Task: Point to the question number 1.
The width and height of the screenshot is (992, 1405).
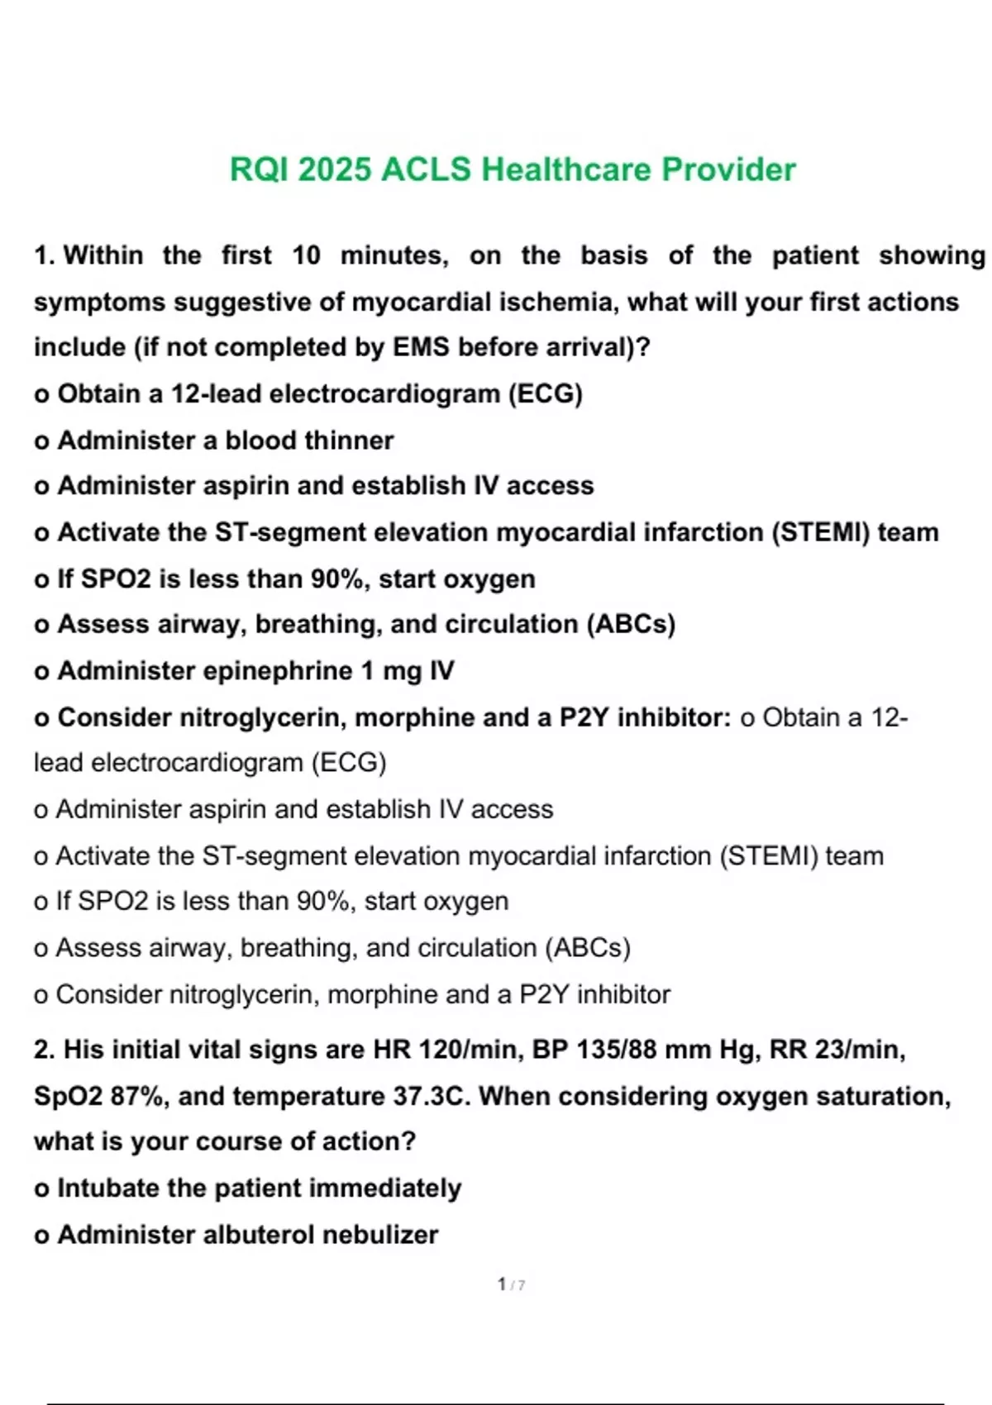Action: pyautogui.click(x=43, y=255)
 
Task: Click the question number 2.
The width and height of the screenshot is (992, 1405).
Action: pyautogui.click(x=43, y=1050)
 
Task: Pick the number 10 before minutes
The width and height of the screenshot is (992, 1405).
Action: pyautogui.click(x=306, y=255)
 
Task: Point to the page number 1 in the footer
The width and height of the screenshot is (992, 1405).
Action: pyautogui.click(x=502, y=1284)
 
